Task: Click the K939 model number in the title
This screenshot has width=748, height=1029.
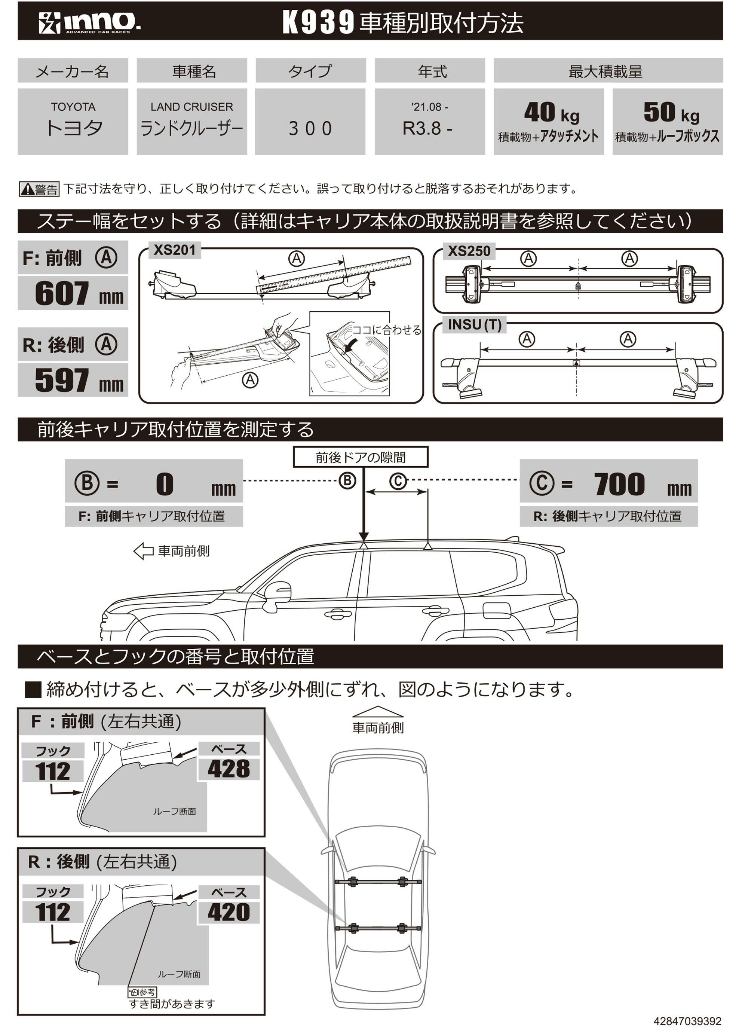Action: coord(318,22)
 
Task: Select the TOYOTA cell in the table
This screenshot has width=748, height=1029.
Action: coord(73,122)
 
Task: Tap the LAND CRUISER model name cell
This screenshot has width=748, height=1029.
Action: coord(192,122)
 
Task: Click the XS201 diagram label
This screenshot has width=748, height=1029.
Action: coord(175,250)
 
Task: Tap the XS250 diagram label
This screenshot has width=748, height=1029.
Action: coord(469,251)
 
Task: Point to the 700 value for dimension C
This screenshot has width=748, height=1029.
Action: coord(619,484)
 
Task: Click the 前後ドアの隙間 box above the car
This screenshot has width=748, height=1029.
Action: coord(361,457)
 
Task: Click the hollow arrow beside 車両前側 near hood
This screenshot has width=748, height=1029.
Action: coord(143,551)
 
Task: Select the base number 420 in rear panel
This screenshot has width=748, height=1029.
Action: coord(229,912)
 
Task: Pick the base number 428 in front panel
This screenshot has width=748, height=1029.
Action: coord(229,769)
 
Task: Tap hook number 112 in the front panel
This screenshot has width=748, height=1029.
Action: coord(53,771)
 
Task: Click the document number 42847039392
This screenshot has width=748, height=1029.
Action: coord(687,1021)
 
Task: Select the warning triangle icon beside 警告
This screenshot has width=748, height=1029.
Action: coord(28,189)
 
